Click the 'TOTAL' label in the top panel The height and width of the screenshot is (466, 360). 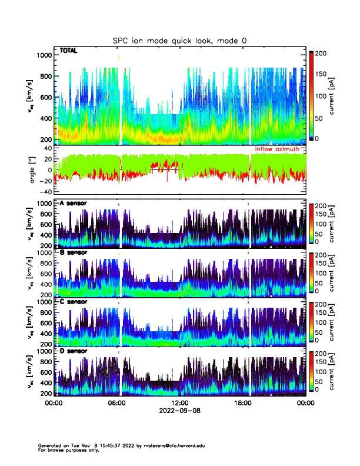click(68, 52)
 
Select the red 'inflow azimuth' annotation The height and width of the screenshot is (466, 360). click(279, 150)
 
